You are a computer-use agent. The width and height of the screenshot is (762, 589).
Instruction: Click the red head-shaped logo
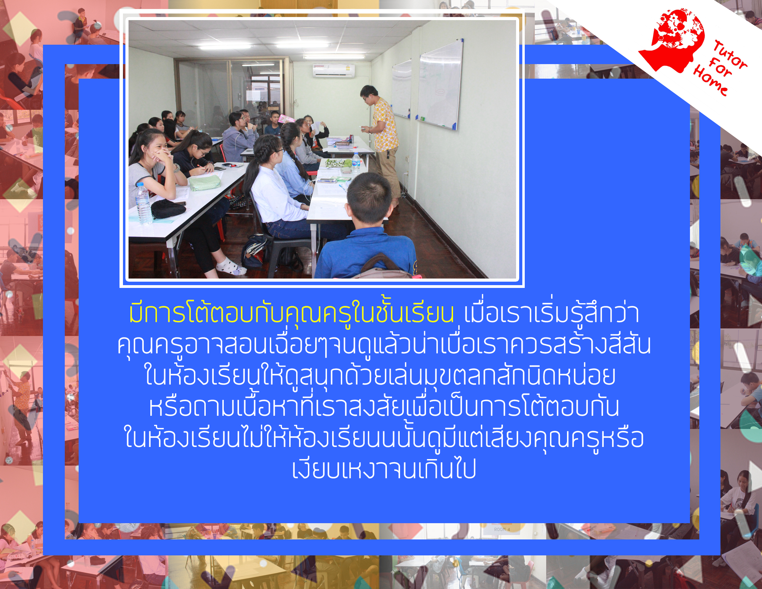(672, 40)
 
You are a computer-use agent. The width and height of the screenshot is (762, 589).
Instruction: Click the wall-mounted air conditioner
(334, 70)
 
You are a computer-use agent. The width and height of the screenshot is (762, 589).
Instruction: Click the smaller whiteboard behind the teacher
(401, 89)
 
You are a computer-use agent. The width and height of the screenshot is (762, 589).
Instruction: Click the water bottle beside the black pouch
(143, 203)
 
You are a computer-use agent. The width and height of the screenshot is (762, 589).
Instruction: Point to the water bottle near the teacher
(355, 163)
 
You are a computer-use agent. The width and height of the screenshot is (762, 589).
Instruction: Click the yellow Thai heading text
(292, 313)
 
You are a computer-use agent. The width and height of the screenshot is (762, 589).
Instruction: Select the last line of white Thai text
(384, 469)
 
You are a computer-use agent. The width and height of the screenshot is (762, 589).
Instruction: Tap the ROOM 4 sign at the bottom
(502, 529)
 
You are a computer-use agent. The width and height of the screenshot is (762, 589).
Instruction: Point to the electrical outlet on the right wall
(408, 159)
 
